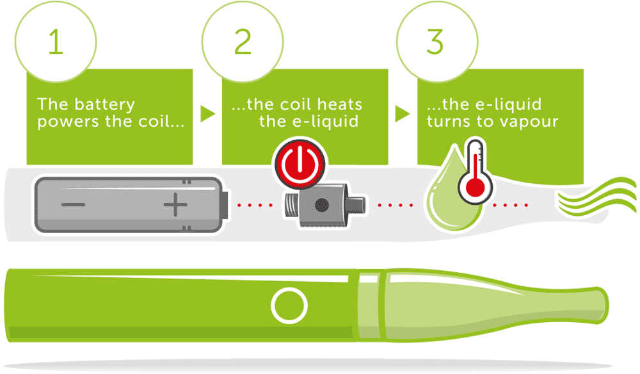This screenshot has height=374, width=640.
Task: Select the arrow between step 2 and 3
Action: [x=403, y=114]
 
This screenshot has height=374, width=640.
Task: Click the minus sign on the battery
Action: [x=74, y=206]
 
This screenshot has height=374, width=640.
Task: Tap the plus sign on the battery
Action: [x=175, y=206]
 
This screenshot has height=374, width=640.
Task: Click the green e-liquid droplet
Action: [x=448, y=202]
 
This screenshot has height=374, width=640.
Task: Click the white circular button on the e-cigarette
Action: [x=289, y=305]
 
